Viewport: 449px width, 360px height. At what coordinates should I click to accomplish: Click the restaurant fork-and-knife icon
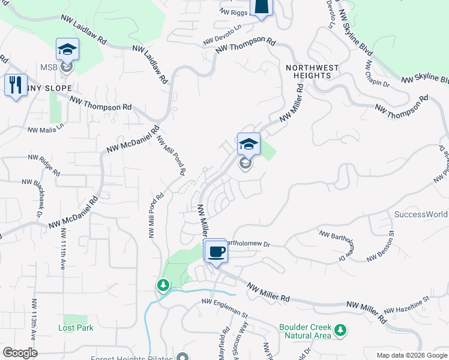16,83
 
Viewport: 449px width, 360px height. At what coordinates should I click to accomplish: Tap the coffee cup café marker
216,250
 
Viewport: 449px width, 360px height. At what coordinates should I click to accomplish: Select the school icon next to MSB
67,49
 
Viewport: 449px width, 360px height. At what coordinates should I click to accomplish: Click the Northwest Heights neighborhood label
312,71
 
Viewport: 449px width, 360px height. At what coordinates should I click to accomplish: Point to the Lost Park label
76,328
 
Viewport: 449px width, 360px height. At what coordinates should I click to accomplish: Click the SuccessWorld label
421,214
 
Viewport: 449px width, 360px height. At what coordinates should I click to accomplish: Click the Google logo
20,353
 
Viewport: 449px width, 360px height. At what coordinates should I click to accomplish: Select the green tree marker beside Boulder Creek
341,330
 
